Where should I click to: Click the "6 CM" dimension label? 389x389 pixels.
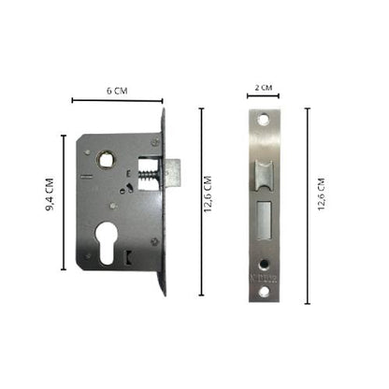(x=116, y=91)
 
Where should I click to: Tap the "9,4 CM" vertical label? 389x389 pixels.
(x=51, y=198)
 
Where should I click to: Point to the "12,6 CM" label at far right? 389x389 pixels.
(x=323, y=198)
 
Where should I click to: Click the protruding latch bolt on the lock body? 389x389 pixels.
(x=175, y=171)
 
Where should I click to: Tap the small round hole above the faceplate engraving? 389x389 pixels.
(x=265, y=261)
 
